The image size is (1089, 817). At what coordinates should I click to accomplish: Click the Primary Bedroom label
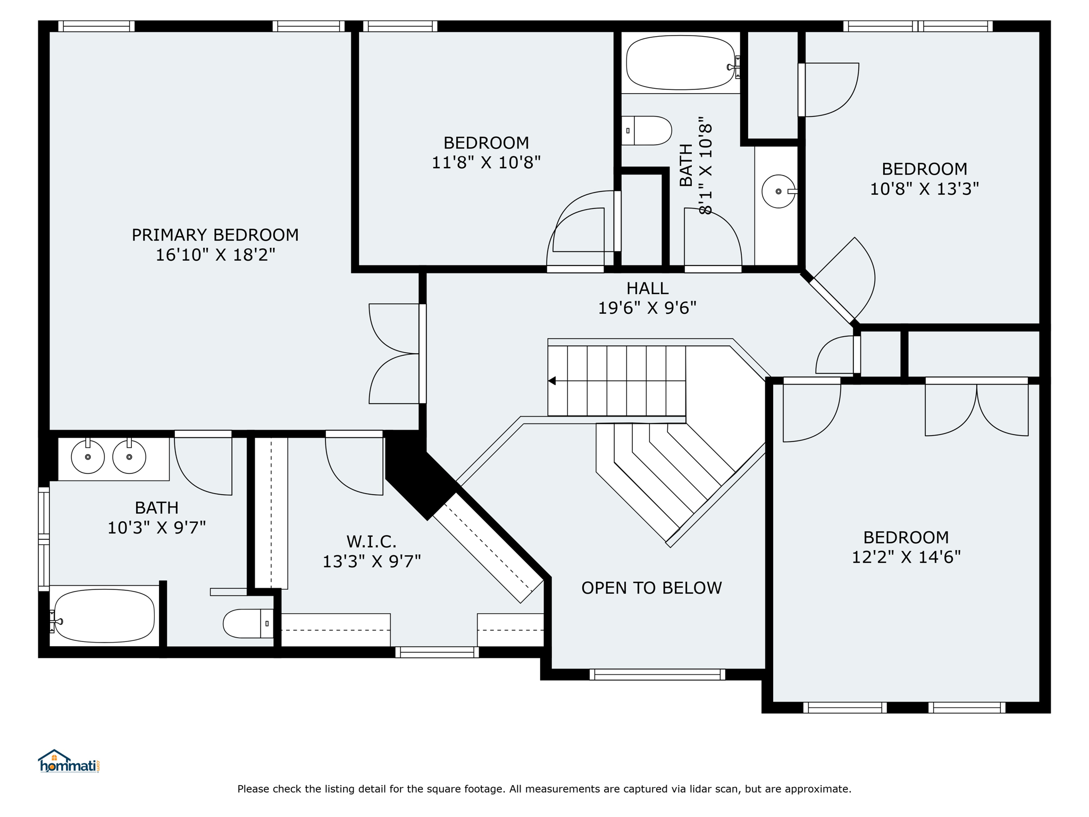pyautogui.click(x=215, y=235)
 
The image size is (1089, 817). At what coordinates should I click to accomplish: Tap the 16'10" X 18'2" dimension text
pyautogui.click(x=215, y=255)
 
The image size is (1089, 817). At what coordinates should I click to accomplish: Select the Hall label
pyautogui.click(x=647, y=288)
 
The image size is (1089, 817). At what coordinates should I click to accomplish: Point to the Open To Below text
pyautogui.click(x=651, y=588)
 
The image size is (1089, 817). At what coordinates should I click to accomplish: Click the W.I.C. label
pyautogui.click(x=371, y=541)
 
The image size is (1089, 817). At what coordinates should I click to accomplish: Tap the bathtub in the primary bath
pyautogui.click(x=104, y=616)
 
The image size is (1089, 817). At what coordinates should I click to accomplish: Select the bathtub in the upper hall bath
pyautogui.click(x=682, y=63)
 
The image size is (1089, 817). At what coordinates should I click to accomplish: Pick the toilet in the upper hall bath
pyautogui.click(x=647, y=130)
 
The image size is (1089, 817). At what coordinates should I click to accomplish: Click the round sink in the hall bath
pyautogui.click(x=778, y=191)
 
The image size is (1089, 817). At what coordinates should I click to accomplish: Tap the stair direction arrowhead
pyautogui.click(x=552, y=381)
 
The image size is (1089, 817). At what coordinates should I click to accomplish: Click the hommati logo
pyautogui.click(x=69, y=762)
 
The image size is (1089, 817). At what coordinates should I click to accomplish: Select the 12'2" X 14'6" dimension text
pyautogui.click(x=906, y=557)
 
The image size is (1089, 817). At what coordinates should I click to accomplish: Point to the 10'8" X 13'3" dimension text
pyautogui.click(x=924, y=189)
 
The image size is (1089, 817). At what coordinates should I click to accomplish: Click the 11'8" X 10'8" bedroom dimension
pyautogui.click(x=486, y=162)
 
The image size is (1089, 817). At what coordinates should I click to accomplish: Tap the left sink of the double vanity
pyautogui.click(x=88, y=456)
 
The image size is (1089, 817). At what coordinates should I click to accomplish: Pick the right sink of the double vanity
pyautogui.click(x=129, y=456)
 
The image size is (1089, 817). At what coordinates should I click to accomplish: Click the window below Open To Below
pyautogui.click(x=657, y=674)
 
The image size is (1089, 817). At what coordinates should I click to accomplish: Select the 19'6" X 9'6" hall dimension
pyautogui.click(x=647, y=308)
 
